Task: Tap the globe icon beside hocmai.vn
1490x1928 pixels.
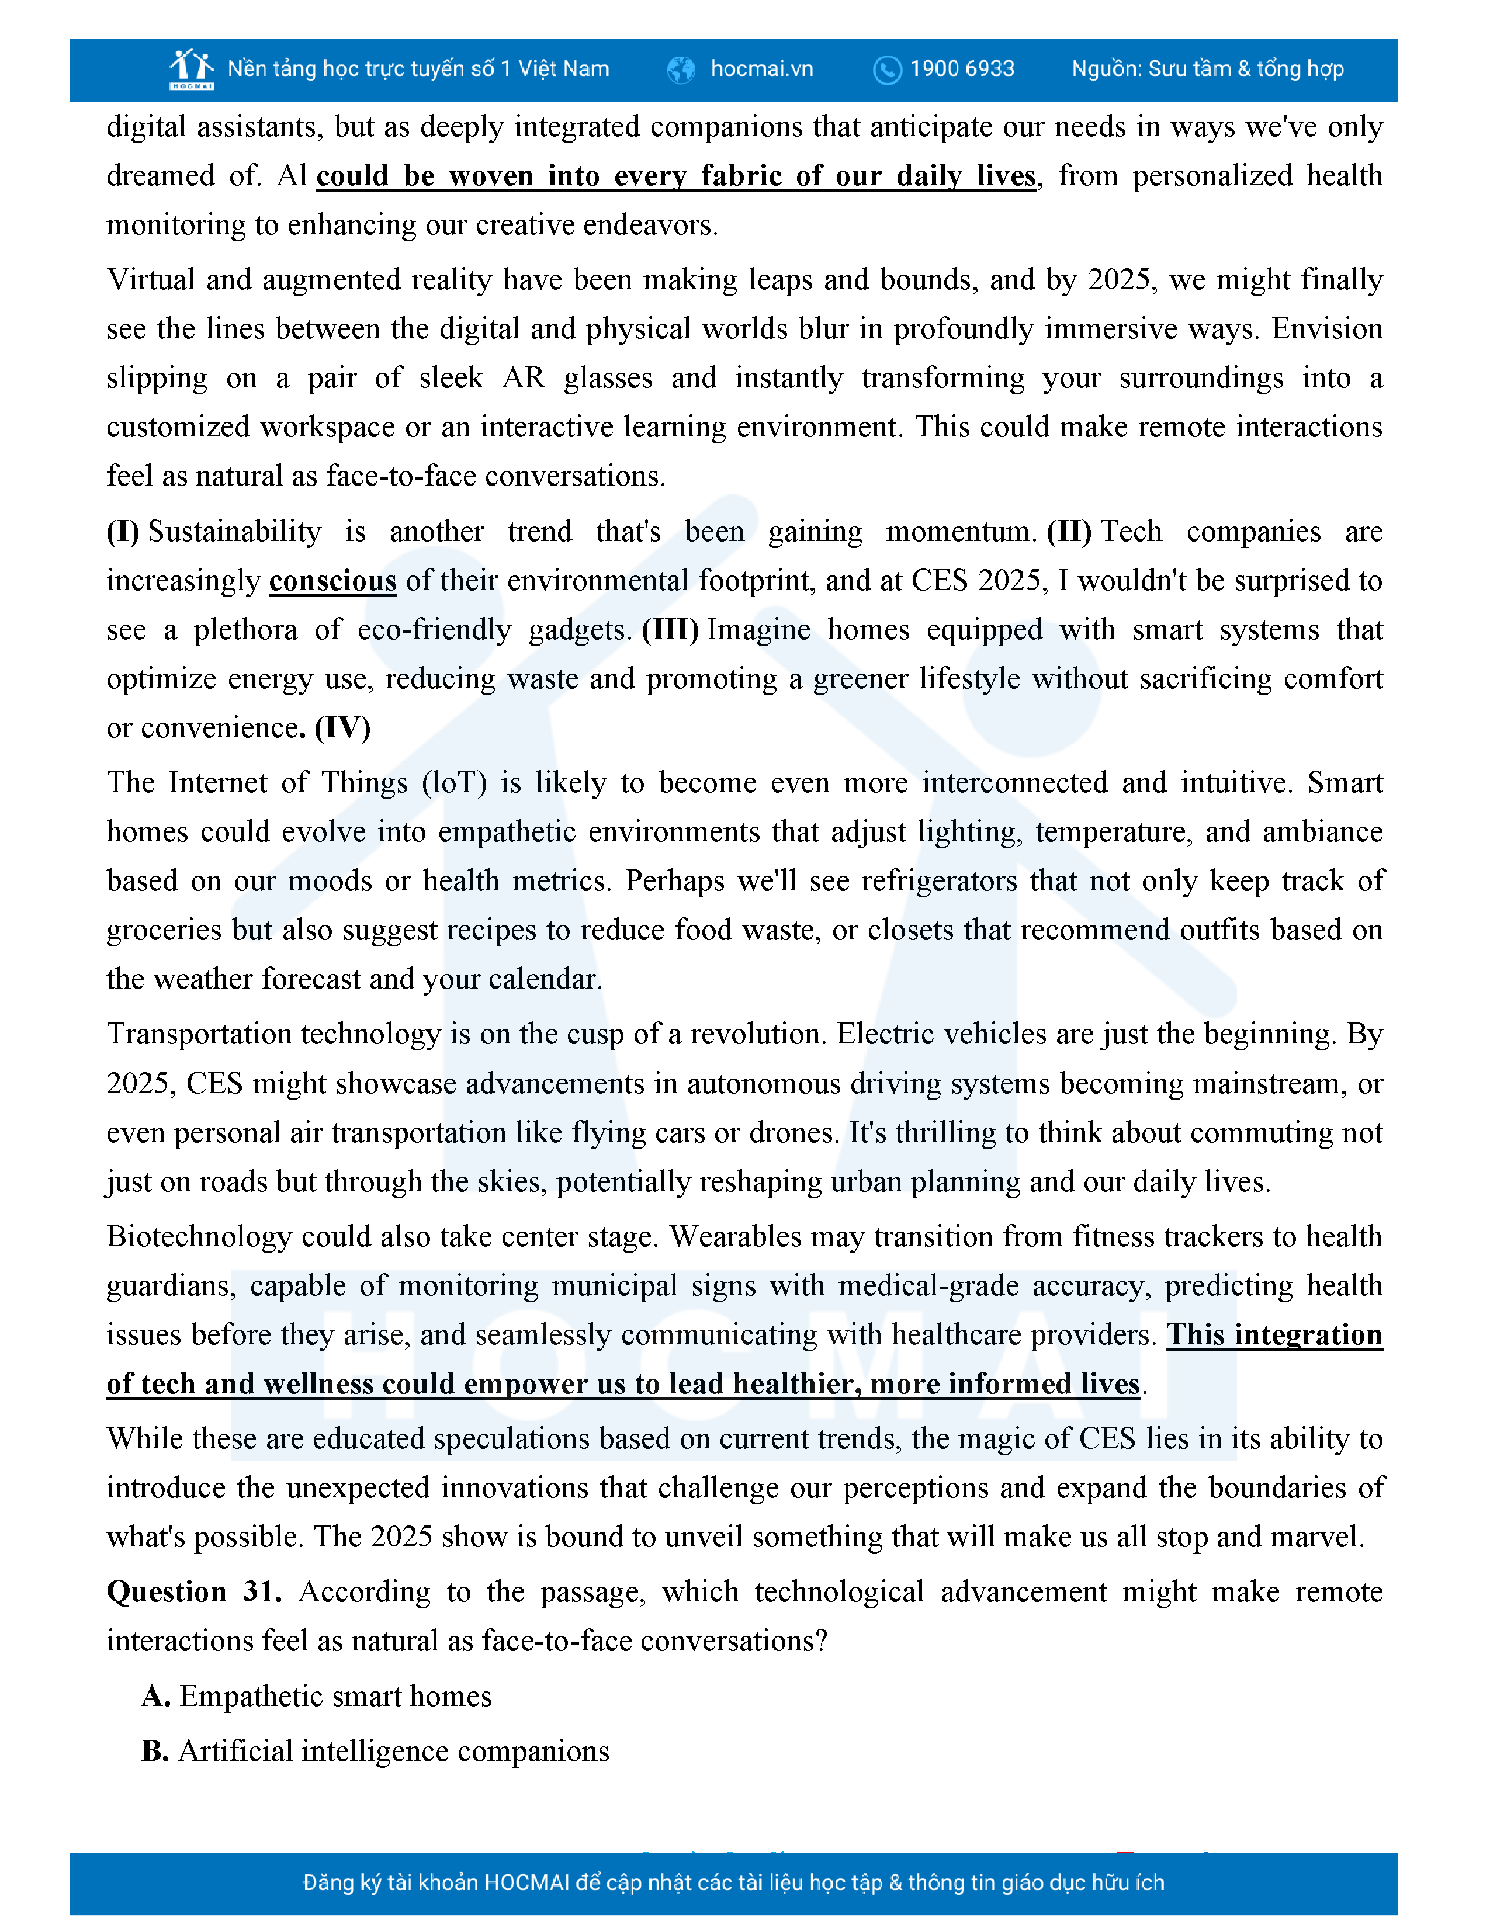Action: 681,70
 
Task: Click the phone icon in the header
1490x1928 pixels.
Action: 886,70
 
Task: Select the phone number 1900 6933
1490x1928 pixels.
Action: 962,69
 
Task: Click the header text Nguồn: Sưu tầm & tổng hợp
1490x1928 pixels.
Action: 1207,69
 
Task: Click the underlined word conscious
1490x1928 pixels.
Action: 333,581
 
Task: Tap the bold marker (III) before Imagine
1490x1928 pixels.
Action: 671,629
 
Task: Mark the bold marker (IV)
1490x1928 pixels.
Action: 342,727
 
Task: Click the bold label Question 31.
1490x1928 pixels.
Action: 194,1591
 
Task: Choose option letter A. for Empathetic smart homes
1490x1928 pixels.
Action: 155,1697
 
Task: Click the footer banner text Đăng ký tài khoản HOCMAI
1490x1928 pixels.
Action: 733,1883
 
